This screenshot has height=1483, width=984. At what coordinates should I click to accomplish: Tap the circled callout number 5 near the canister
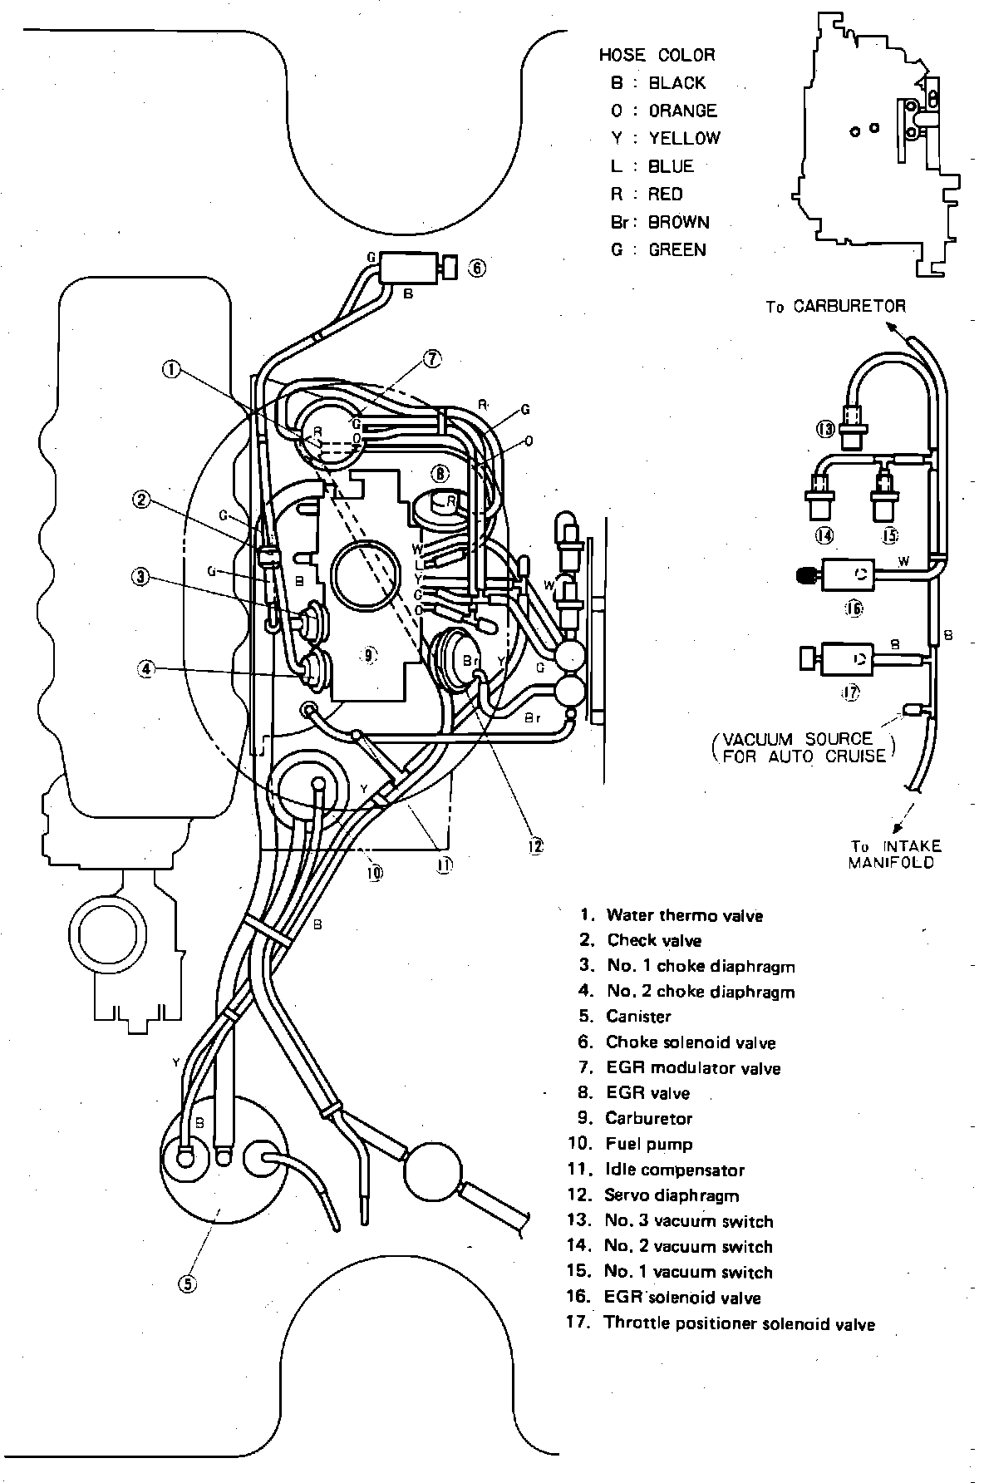click(188, 1283)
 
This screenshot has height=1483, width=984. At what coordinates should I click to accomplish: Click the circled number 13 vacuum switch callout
click(824, 429)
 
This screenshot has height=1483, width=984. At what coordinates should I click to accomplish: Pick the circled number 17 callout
click(849, 692)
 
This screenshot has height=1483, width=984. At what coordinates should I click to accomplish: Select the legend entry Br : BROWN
click(660, 222)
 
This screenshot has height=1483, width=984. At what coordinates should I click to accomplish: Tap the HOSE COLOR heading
click(657, 55)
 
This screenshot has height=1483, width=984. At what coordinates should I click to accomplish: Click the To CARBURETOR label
click(835, 306)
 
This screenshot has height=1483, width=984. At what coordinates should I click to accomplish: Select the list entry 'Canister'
click(637, 1016)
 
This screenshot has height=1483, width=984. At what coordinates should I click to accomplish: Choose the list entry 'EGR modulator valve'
click(692, 1067)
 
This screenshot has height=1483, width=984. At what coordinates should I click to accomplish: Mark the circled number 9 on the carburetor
click(369, 655)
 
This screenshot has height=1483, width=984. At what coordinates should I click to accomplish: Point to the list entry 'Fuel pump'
click(648, 1144)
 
